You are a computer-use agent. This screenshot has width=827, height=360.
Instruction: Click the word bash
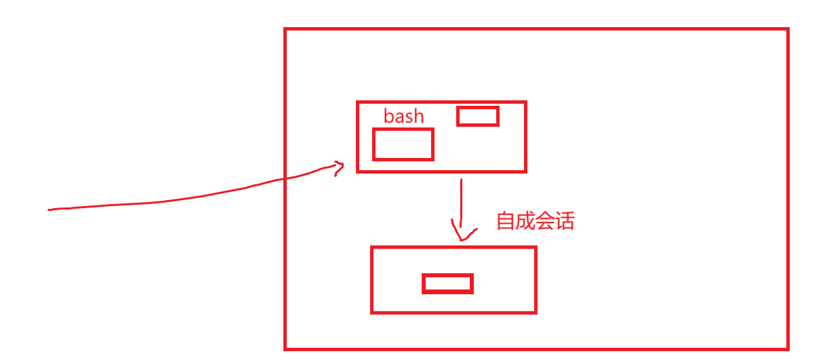[x=403, y=117]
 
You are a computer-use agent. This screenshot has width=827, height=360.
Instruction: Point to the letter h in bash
[x=418, y=117]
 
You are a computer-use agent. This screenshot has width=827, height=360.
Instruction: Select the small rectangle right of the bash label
[x=478, y=116]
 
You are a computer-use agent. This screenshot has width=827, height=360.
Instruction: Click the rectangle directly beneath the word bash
[x=403, y=144]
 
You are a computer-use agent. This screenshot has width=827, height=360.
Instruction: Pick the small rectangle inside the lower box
[x=447, y=283]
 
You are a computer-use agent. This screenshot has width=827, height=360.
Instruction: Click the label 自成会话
[x=536, y=222]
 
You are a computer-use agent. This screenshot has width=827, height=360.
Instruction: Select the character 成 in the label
[x=525, y=222]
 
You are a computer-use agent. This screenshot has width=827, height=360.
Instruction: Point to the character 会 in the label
[x=545, y=222]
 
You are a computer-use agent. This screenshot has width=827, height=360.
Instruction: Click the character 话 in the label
[x=565, y=222]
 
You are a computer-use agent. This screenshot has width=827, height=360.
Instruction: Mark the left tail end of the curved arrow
[x=50, y=210]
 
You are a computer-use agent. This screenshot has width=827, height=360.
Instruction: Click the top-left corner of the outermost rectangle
[x=285, y=30]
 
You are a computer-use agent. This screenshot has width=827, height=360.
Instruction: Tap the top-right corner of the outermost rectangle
[x=788, y=30]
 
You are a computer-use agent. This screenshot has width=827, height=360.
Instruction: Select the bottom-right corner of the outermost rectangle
[x=788, y=348]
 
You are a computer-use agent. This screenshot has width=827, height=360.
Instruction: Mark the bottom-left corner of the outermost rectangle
[x=285, y=348]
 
